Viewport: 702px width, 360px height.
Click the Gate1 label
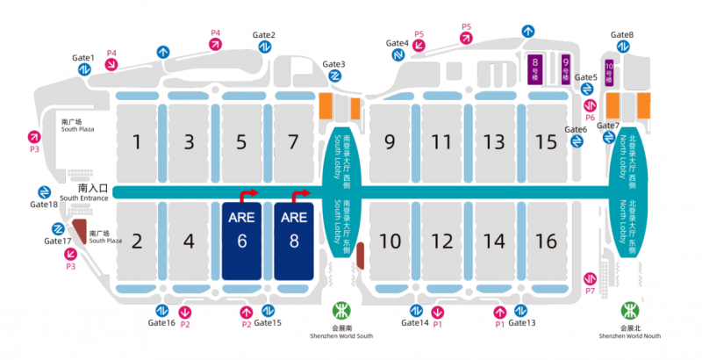pos(83,58)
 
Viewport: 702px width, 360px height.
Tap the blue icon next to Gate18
pos(44,192)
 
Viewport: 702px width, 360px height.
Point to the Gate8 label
pos(621,35)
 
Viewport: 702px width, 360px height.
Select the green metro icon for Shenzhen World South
pos(340,311)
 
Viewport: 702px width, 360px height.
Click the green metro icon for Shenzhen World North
pos(628,311)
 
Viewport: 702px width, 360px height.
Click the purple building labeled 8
pos(534,68)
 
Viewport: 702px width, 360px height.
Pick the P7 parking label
pos(590,291)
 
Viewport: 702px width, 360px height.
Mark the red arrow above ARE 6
pos(250,193)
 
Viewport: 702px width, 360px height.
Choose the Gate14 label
pos(415,323)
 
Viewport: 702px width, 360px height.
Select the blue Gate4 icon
pos(398,55)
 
